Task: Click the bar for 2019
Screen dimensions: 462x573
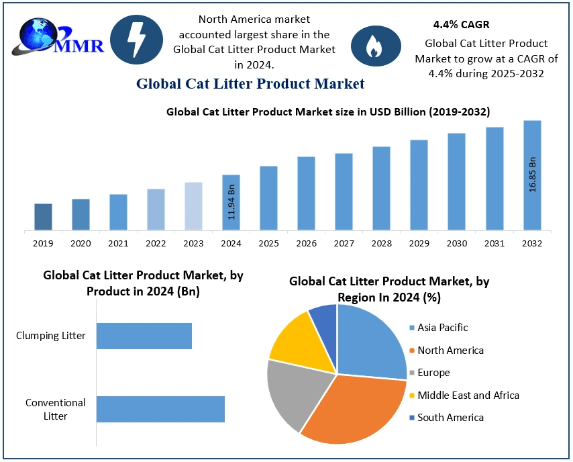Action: click(x=43, y=217)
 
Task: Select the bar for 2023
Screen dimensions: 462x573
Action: click(x=193, y=206)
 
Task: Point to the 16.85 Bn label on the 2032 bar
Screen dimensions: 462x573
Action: click(x=533, y=175)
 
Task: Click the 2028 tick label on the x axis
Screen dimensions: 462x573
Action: click(x=381, y=242)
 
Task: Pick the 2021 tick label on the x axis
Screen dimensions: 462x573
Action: click(x=118, y=242)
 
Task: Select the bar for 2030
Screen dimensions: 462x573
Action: click(x=457, y=181)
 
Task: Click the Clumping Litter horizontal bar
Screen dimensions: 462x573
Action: click(x=144, y=336)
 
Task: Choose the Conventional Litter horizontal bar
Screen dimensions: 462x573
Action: click(x=160, y=409)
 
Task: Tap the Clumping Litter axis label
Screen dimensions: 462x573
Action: click(x=51, y=335)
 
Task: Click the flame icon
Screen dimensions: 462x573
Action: click(x=372, y=45)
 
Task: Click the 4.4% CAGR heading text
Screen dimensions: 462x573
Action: click(x=461, y=25)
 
